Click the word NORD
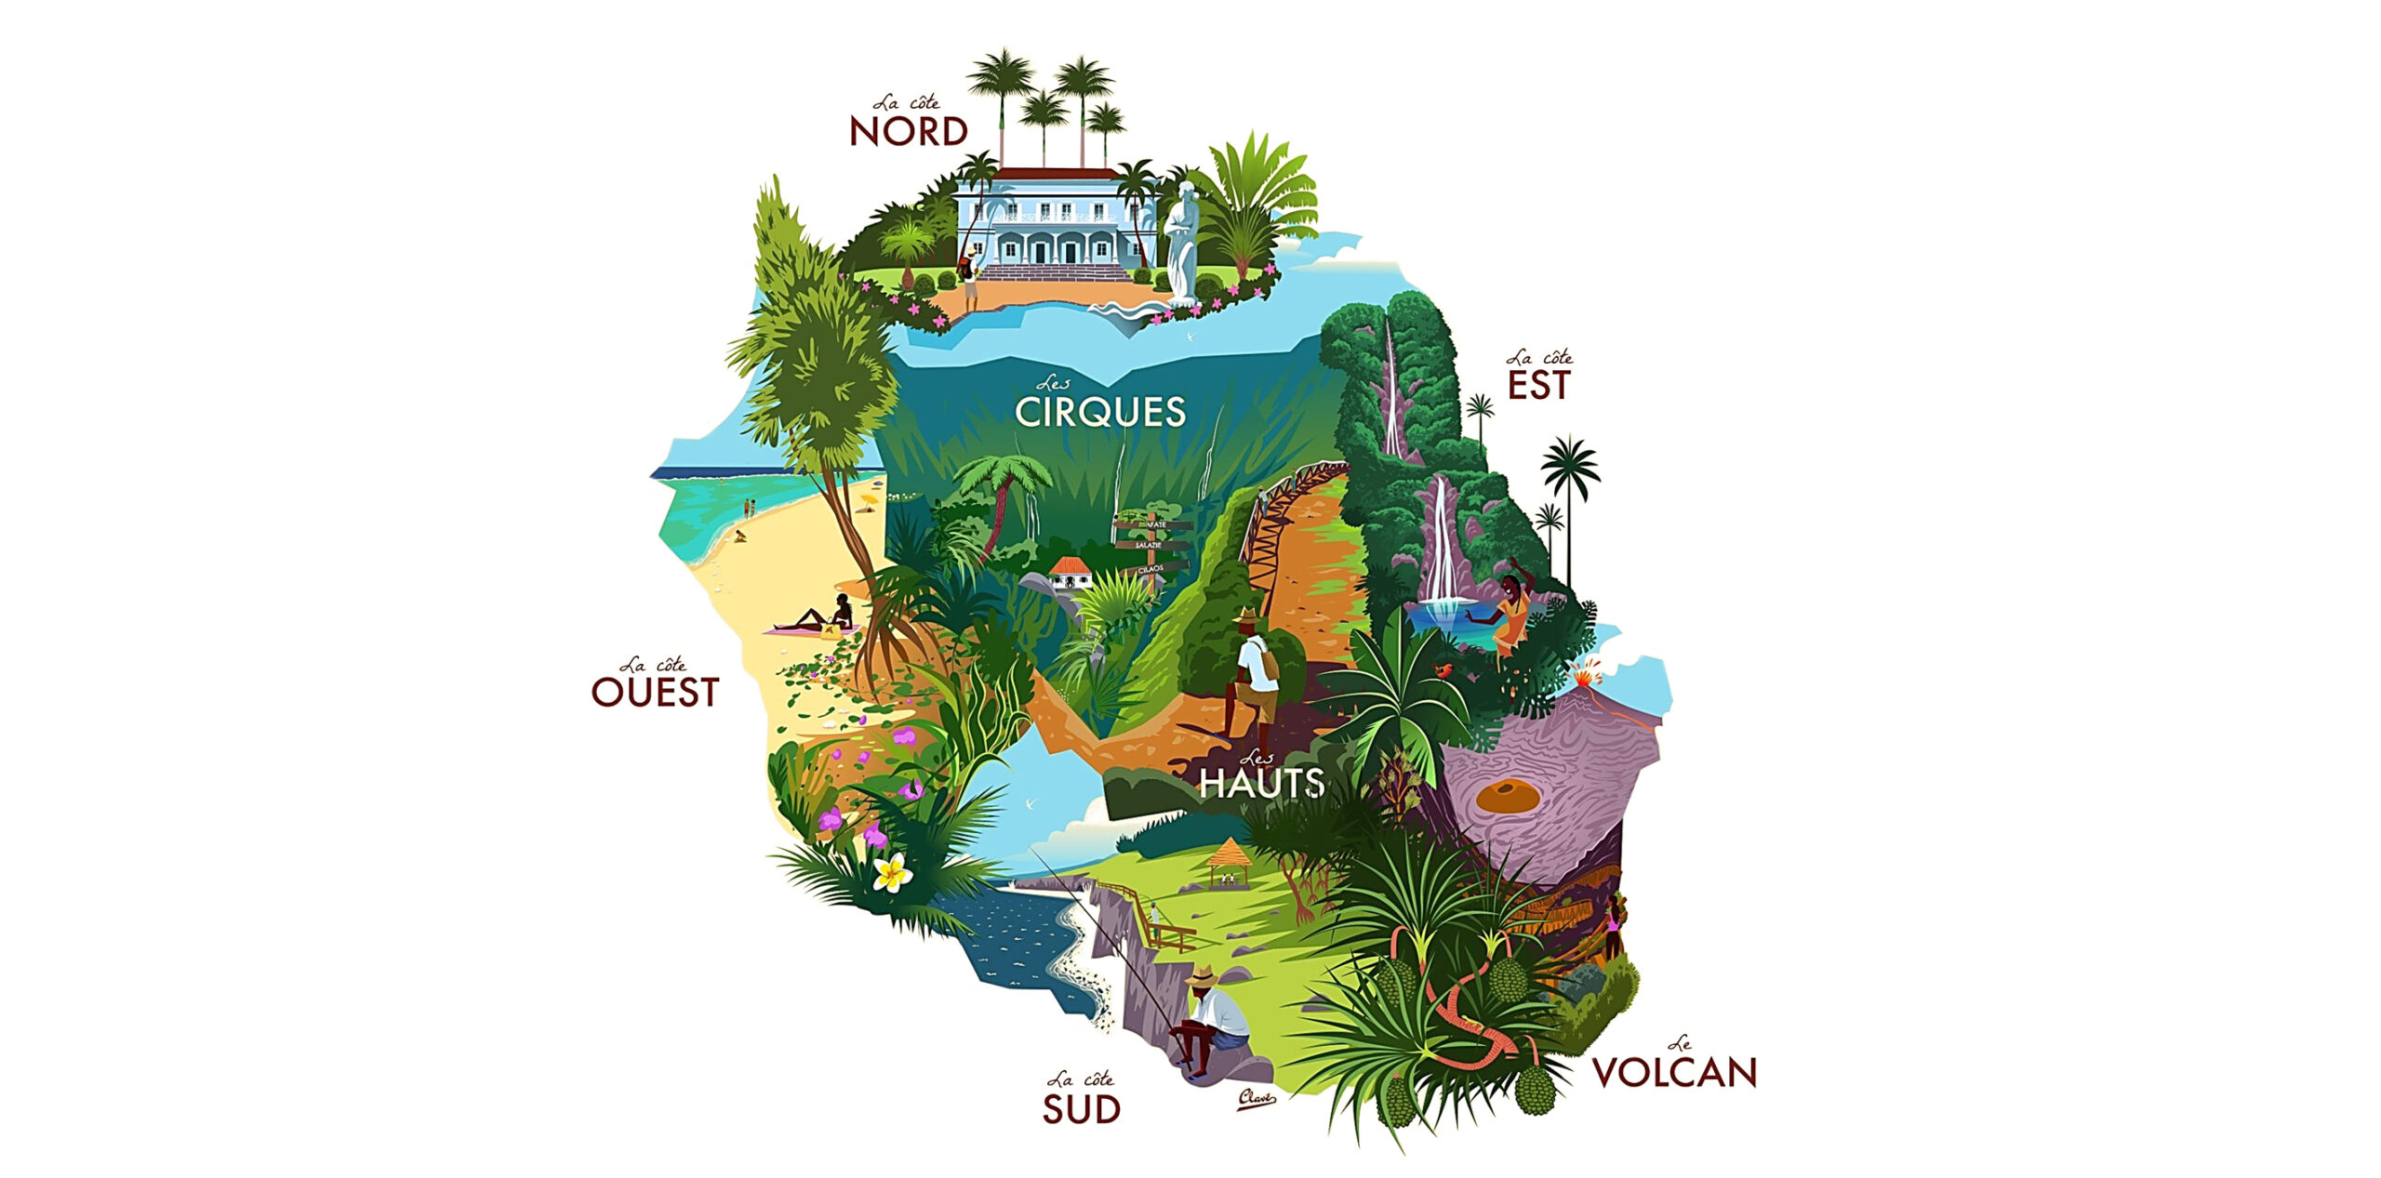click(909, 133)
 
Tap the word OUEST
click(655, 693)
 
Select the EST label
click(1538, 386)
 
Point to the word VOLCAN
click(1674, 1073)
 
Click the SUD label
click(1081, 1109)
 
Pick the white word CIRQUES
click(1099, 412)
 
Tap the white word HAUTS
click(1261, 783)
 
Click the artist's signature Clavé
click(1256, 1100)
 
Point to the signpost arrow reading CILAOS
click(1151, 567)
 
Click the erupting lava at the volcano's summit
click(1586, 671)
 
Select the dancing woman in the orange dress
click(1510, 614)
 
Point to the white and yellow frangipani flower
click(892, 872)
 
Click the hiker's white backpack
click(1260, 661)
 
